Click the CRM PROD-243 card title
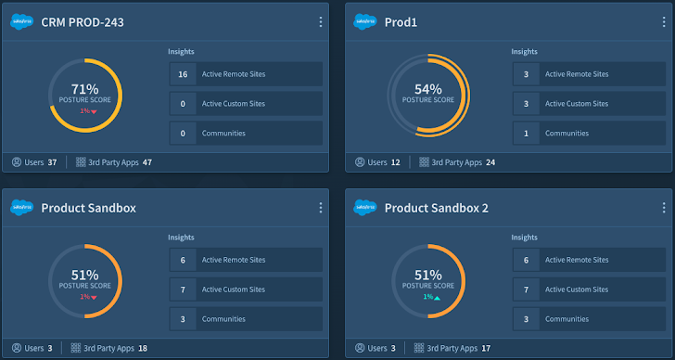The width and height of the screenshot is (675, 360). [x=83, y=22]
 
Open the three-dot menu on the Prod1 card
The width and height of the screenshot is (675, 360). [x=664, y=22]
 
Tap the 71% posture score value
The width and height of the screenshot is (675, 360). [x=84, y=89]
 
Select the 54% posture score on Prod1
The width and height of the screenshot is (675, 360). [x=427, y=89]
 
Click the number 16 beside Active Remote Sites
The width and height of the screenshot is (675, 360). [x=183, y=74]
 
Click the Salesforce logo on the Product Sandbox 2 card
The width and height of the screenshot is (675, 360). [x=365, y=208]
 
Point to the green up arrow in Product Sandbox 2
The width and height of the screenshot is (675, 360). [x=436, y=297]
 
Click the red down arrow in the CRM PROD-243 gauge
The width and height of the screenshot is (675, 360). [x=93, y=111]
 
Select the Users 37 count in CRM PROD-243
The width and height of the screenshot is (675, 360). [x=52, y=162]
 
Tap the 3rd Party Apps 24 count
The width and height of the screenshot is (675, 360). [x=490, y=162]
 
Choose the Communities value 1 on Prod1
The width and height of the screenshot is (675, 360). [x=526, y=133]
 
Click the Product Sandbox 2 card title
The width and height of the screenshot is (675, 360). [x=436, y=208]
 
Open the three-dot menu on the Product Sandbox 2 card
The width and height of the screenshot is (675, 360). [x=664, y=208]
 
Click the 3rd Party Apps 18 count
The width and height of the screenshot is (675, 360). [x=142, y=348]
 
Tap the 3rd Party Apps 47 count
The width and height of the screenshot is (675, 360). [x=146, y=162]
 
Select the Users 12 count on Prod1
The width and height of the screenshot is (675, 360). [x=396, y=162]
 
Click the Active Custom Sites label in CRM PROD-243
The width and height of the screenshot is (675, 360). [x=230, y=104]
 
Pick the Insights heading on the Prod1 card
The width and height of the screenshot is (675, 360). [x=525, y=52]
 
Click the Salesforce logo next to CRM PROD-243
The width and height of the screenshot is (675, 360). [x=22, y=22]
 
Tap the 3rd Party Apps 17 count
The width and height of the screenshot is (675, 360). [x=486, y=348]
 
